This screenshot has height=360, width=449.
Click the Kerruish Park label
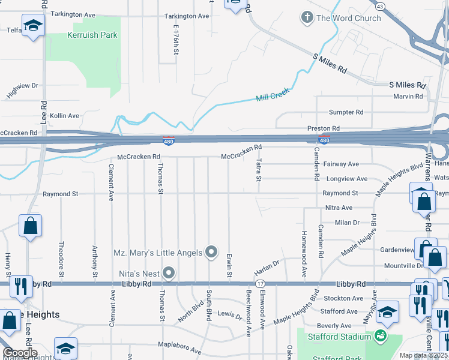point(92,35)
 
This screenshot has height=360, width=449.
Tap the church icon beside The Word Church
point(307,18)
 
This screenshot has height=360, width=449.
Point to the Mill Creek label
point(273,95)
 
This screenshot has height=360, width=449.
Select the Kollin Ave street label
point(64,116)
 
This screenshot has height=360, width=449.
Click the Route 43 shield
point(380,6)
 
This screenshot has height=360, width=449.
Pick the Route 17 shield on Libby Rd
point(260,283)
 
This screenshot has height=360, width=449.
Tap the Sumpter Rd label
point(346,112)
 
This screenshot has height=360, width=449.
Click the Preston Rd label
point(324,128)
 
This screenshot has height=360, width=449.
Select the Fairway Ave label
point(340,164)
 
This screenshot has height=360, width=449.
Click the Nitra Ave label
point(339,208)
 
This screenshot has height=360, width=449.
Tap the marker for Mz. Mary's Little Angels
point(211,253)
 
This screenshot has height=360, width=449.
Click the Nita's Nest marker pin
point(169,274)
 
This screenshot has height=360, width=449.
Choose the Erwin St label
point(229,265)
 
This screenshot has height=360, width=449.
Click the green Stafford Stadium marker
point(380,334)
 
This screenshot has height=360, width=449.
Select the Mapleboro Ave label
point(179,347)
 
